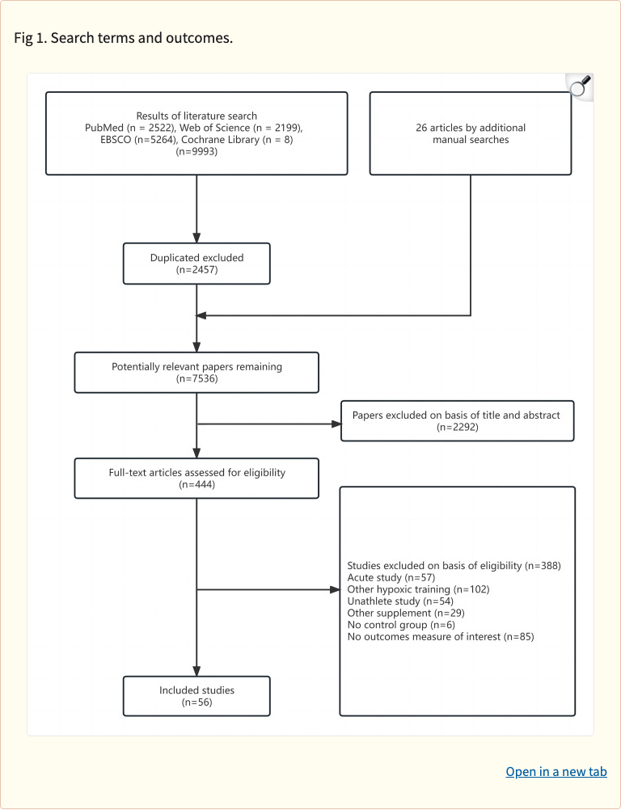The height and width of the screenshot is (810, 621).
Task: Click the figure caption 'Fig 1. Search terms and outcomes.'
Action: click(124, 39)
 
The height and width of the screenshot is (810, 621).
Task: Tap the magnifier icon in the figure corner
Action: click(580, 87)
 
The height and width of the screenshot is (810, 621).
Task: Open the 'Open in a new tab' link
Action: click(556, 771)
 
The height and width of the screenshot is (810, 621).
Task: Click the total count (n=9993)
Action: click(196, 150)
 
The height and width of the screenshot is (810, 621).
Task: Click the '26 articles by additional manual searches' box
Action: click(470, 133)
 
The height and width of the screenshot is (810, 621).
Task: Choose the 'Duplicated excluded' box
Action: click(196, 264)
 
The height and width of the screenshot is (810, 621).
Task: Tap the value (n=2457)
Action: click(196, 270)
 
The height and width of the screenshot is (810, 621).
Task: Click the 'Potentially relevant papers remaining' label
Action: click(196, 366)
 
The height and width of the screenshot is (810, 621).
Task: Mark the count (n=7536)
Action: click(196, 378)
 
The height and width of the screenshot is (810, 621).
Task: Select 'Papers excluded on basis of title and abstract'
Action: click(457, 415)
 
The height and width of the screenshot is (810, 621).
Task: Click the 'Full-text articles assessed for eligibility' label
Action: click(196, 472)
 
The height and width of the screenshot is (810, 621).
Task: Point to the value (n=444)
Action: click(196, 484)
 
